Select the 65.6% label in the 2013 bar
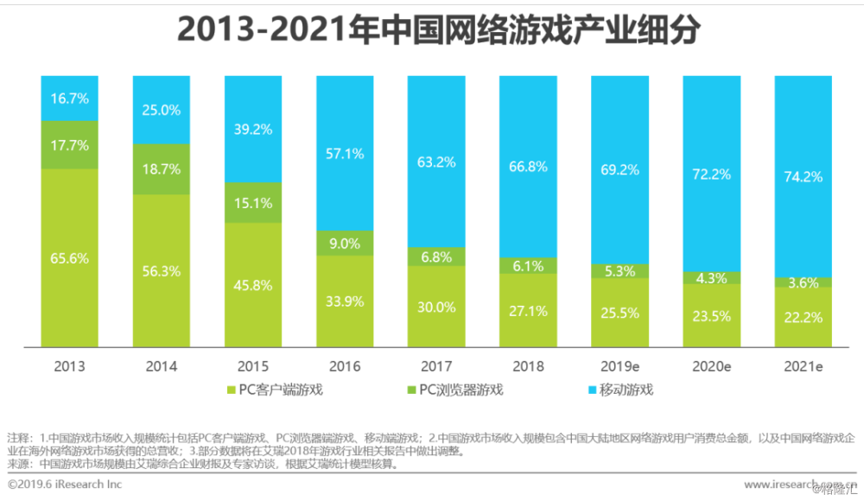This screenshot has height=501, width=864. coord(70,257)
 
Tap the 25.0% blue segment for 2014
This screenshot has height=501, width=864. coord(162,110)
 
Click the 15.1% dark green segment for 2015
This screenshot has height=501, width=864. coord(253,204)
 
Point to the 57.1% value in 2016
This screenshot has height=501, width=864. coord(345,153)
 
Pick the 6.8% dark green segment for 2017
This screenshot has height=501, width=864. coord(436,257)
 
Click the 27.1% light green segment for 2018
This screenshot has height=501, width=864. coord(528,309)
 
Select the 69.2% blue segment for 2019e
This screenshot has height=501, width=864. coord(619,170)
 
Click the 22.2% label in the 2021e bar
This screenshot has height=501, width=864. coord(803,317)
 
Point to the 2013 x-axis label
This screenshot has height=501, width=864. coord(70,367)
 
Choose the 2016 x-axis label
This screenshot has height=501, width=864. coord(345,367)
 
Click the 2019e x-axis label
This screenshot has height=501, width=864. coord(619,367)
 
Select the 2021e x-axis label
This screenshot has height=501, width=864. coord(803,367)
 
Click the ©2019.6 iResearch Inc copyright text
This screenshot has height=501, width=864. coord(65,485)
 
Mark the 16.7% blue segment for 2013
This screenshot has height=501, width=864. coord(70,98)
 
